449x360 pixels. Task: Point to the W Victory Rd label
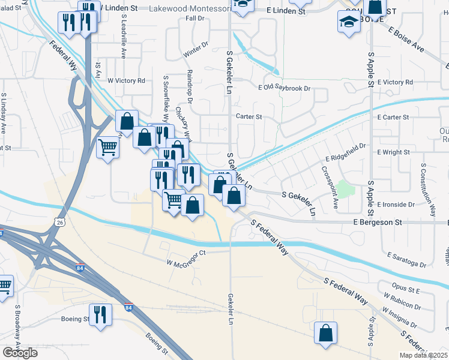[126, 80]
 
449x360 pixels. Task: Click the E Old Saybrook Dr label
[284, 88]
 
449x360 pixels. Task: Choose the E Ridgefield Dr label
[346, 152]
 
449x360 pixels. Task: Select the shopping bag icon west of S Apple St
[325, 333]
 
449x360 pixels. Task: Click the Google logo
[20, 353]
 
